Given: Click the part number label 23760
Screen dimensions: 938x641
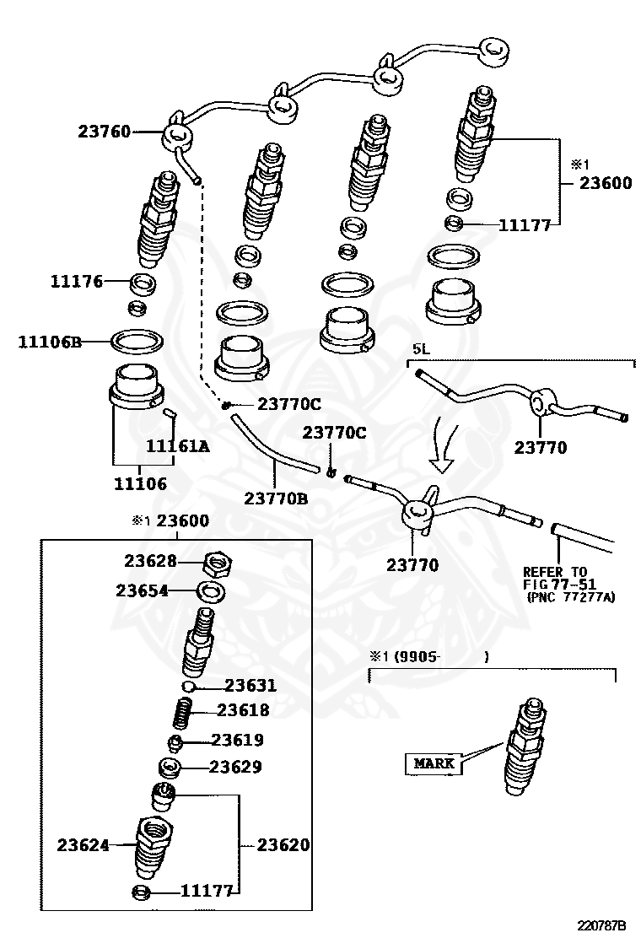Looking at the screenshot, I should tap(104, 132).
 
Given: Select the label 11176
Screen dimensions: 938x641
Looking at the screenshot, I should tap(78, 281).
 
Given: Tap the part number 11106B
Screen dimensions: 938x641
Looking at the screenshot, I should tap(50, 342).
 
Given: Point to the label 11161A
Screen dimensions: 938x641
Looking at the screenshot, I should tap(177, 447).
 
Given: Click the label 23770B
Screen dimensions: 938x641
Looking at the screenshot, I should tap(276, 498).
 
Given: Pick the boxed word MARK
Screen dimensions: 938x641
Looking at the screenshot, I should tap(434, 764).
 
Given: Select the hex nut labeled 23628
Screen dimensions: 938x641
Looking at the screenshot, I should tap(219, 562).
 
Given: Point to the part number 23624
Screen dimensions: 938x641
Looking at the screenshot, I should tap(83, 844).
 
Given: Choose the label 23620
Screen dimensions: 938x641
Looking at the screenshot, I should tap(283, 844).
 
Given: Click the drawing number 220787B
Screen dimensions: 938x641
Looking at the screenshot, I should tap(602, 925).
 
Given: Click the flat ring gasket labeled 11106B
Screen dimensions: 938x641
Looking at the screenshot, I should tap(137, 342).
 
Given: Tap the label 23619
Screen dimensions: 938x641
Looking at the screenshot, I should tap(237, 740).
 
